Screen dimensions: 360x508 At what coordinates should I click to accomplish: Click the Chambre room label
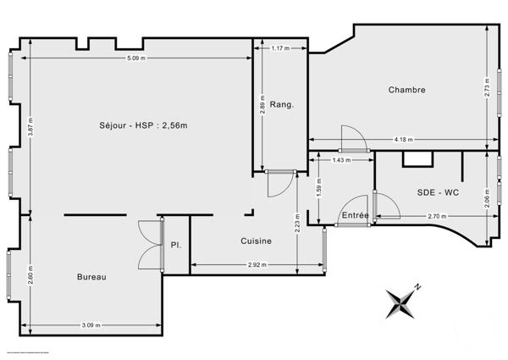406,90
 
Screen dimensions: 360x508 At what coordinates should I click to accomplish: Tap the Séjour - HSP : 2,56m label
142,125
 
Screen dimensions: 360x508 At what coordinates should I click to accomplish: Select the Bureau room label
91,276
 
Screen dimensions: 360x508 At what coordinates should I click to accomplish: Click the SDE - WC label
438,192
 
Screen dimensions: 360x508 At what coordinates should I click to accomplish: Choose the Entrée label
355,216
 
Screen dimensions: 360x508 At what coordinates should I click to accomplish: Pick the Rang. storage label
283,104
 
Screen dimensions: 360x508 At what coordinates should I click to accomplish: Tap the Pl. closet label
175,246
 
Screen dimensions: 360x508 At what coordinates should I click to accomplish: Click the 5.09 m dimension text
135,58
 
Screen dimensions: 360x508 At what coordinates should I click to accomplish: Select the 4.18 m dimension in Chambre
403,140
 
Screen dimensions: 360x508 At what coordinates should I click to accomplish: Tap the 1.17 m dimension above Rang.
281,49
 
